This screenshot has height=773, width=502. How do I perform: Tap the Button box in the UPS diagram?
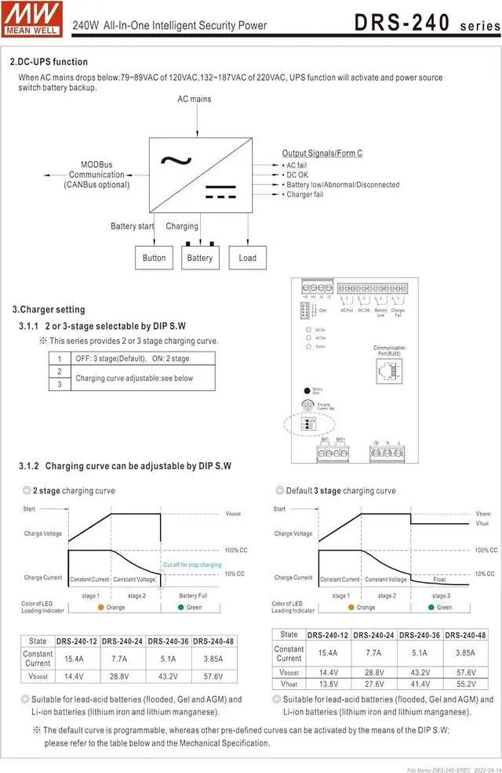155,258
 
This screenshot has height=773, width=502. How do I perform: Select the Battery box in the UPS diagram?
200,258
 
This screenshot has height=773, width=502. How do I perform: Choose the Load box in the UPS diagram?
247,258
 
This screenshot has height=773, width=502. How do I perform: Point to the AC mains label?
194,99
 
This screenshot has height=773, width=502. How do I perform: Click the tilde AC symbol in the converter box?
176,161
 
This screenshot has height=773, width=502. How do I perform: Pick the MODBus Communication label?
96,175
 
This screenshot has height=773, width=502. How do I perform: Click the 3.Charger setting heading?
49,309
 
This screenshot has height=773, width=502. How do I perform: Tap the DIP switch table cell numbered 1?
59,359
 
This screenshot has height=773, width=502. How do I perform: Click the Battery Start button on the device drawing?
307,389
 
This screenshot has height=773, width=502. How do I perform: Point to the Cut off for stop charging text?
192,565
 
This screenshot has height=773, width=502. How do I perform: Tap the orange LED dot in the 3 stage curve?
350,607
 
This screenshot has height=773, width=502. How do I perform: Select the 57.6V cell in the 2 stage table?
208,676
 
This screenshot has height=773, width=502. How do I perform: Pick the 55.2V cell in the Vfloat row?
466,684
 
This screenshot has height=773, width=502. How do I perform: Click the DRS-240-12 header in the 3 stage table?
329,635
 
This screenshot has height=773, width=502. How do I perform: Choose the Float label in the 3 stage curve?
441,580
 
